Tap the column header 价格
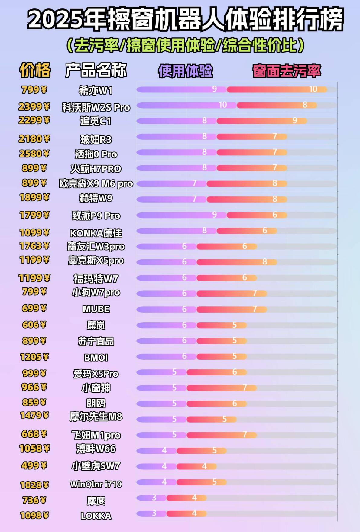[x=35, y=70]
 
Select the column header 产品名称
[x=96, y=70]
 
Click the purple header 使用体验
[x=185, y=71]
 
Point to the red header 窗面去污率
[x=287, y=71]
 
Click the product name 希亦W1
[x=96, y=90]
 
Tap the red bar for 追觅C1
[x=262, y=121]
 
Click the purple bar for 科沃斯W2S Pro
[x=186, y=105]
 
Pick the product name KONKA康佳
[x=96, y=233]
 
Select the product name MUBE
[x=96, y=309]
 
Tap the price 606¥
[x=34, y=325]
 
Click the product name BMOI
[x=96, y=358]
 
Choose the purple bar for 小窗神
[x=161, y=388]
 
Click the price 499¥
[x=34, y=465]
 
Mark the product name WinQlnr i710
[x=96, y=484]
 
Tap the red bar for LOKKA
[x=186, y=514]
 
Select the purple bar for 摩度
[x=151, y=498]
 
